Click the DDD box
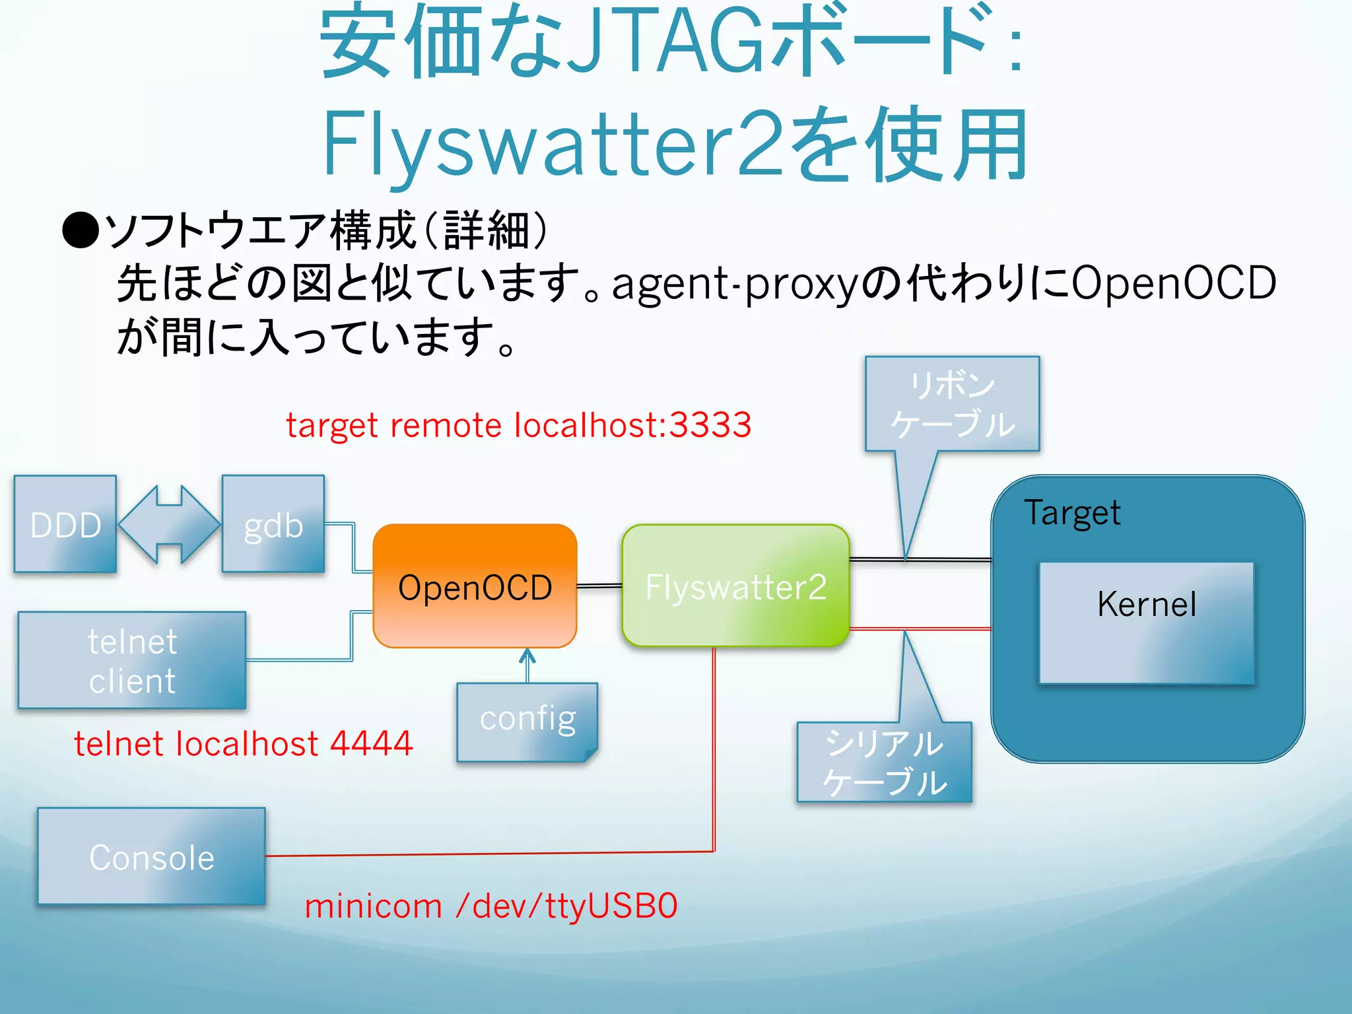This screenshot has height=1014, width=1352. [65, 524]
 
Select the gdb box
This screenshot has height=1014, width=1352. [273, 524]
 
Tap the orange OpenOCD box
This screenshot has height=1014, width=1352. [475, 586]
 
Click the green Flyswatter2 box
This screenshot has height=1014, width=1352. [735, 586]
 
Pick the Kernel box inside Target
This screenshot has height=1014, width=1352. [1146, 622]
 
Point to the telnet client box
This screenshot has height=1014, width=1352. [132, 660]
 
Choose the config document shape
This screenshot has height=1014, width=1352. [527, 721]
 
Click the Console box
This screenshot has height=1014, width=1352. [152, 856]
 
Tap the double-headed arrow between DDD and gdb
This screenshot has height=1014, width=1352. [170, 524]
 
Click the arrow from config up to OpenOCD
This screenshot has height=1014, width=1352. [527, 664]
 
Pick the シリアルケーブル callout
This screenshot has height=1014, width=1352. [885, 762]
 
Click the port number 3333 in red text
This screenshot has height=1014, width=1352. [710, 424]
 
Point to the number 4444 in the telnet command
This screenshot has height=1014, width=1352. [371, 743]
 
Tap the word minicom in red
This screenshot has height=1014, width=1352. [373, 905]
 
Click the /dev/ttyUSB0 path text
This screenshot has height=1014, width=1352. [566, 905]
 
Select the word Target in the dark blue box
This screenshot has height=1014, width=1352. [1072, 513]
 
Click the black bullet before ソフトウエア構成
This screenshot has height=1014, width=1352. [80, 230]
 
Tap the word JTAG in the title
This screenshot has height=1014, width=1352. [667, 43]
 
